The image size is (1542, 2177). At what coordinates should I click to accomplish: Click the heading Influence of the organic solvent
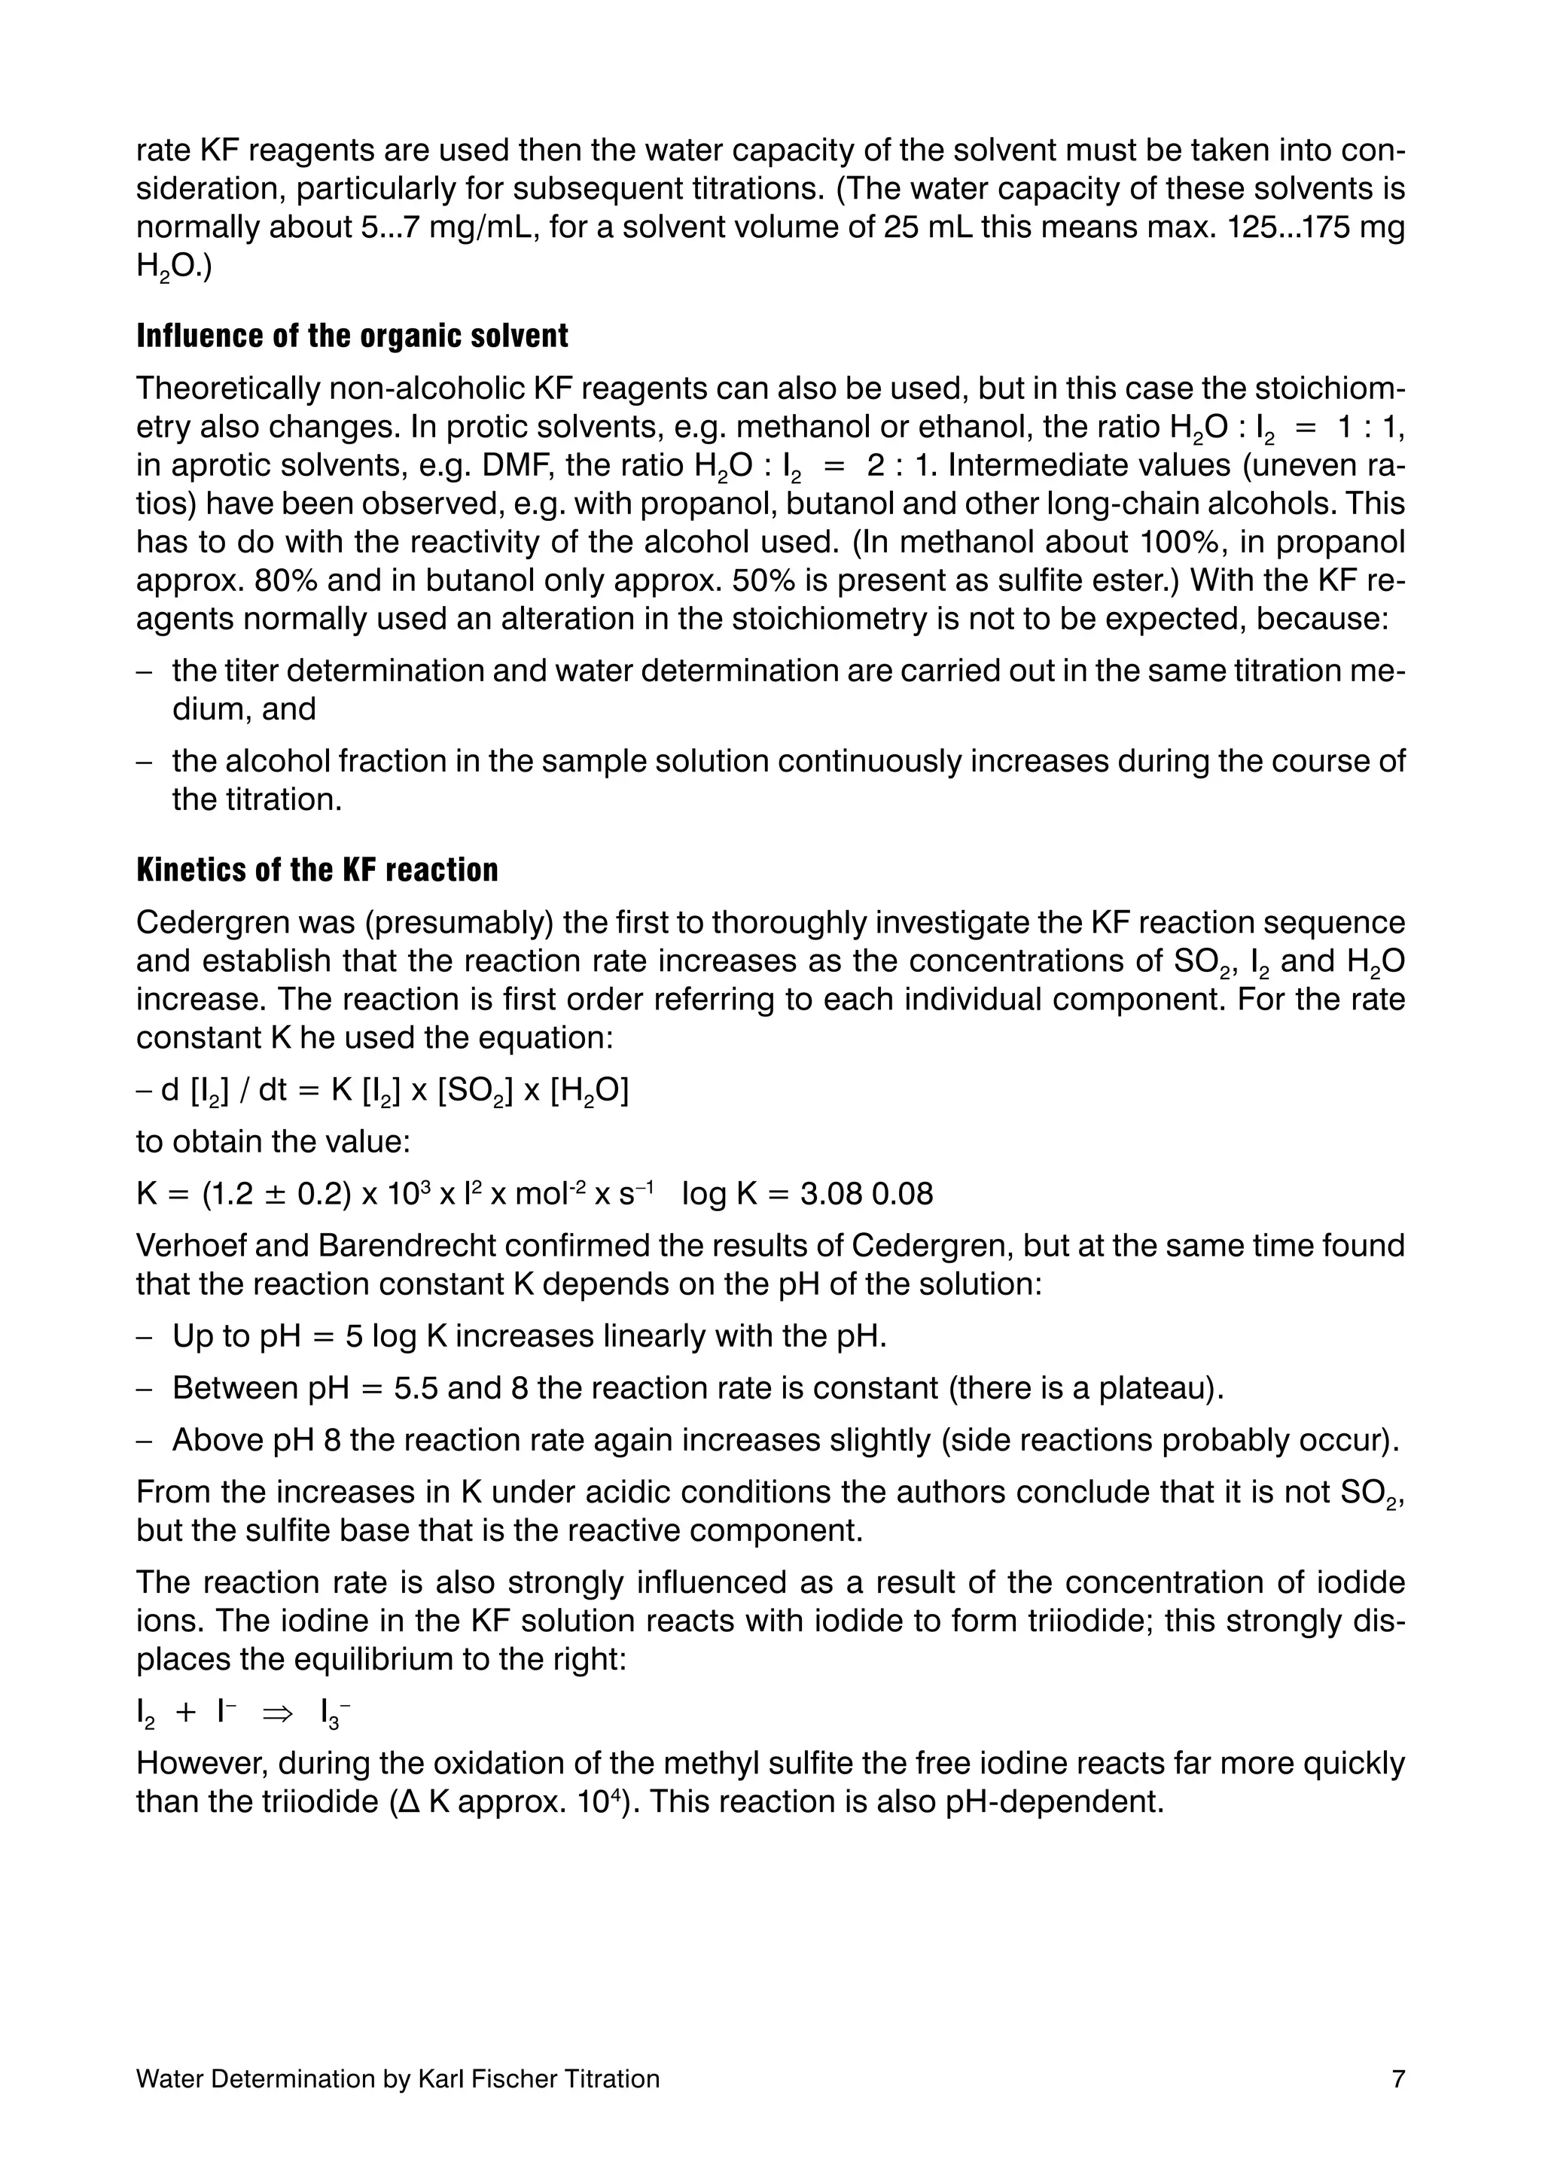[352, 336]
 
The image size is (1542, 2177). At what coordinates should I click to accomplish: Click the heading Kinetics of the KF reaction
[317, 871]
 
